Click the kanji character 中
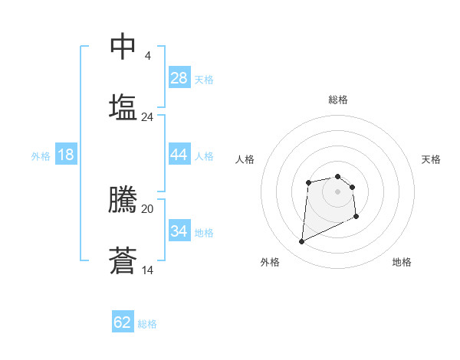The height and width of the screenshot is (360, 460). [123, 47]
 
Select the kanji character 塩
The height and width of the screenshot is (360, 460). [123, 106]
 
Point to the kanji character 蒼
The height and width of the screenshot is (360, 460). [123, 260]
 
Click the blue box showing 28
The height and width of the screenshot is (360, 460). [179, 78]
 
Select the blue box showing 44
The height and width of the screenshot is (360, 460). [179, 155]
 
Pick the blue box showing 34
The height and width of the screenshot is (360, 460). [179, 231]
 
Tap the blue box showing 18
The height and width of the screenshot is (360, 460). [66, 155]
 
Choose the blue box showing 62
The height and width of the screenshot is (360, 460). [123, 322]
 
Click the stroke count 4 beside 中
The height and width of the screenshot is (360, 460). [148, 56]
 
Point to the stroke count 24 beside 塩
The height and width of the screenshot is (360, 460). [148, 117]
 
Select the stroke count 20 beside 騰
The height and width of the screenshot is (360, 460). [148, 208]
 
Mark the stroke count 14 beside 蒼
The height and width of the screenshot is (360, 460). [148, 270]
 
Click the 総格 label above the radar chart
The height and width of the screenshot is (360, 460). [338, 100]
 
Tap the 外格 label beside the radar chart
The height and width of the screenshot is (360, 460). [270, 262]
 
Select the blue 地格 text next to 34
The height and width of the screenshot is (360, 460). [204, 232]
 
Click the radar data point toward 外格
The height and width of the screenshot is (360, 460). [301, 242]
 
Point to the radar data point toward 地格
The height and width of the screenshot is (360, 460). [357, 217]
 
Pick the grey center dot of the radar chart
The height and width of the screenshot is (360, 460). [337, 191]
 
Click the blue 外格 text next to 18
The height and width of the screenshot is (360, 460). [41, 155]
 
